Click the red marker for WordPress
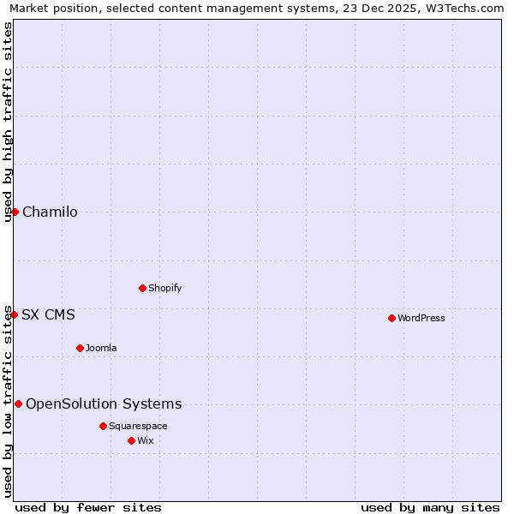click(391, 318)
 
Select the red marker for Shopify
click(142, 288)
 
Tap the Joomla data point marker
click(80, 348)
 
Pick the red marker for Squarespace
click(103, 426)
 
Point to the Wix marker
click(131, 440)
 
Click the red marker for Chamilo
click(15, 212)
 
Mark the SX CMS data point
click(14, 314)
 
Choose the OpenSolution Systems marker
click(18, 403)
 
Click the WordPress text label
click(421, 318)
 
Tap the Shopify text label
click(165, 288)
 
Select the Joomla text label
click(101, 348)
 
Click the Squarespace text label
click(138, 426)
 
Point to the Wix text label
click(145, 440)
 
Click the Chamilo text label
click(50, 212)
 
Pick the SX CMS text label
click(48, 314)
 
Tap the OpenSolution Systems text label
click(104, 404)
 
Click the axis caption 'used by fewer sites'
click(88, 507)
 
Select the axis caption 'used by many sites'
click(430, 507)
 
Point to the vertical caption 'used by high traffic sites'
click(8, 122)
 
